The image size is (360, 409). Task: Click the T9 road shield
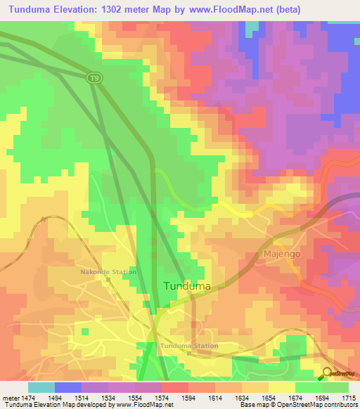click(x=94, y=77)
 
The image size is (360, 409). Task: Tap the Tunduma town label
click(x=187, y=286)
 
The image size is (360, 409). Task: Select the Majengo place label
click(x=281, y=252)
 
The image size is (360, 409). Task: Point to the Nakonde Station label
click(x=108, y=271)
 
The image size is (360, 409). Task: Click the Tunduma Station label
click(x=188, y=346)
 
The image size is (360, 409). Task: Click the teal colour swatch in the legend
click(x=41, y=387)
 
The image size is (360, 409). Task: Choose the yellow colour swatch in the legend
click(x=281, y=387)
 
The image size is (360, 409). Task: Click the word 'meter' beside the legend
click(x=11, y=398)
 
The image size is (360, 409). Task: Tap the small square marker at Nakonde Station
click(x=108, y=280)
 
